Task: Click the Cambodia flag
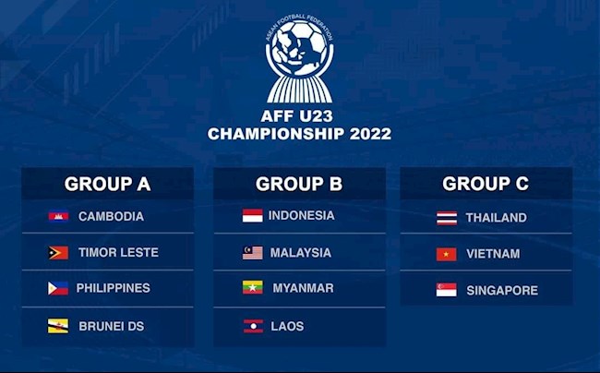pyautogui.click(x=58, y=217)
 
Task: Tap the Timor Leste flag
pyautogui.click(x=58, y=253)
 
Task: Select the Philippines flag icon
pyautogui.click(x=58, y=288)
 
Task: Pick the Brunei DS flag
pyautogui.click(x=58, y=326)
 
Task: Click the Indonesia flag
pyautogui.click(x=252, y=216)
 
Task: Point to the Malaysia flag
pyautogui.click(x=252, y=253)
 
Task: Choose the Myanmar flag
pyautogui.click(x=252, y=288)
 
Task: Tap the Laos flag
pyautogui.click(x=252, y=326)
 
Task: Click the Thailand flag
pyautogui.click(x=446, y=219)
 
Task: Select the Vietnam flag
pyautogui.click(x=446, y=255)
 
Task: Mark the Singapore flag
pyautogui.click(x=446, y=290)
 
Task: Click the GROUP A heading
pyautogui.click(x=107, y=184)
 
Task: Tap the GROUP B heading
pyautogui.click(x=299, y=184)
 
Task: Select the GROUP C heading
pyautogui.click(x=486, y=184)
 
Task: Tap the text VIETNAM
pyautogui.click(x=493, y=255)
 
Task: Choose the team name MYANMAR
pyautogui.click(x=303, y=288)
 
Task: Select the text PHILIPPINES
pyautogui.click(x=113, y=288)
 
